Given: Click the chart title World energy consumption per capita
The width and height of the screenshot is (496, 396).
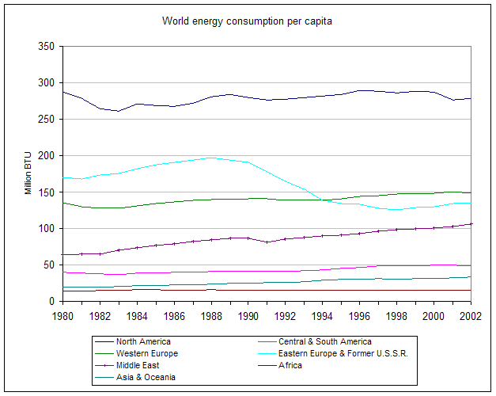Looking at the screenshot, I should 247,21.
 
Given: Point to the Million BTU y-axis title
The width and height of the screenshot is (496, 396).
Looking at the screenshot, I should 28,174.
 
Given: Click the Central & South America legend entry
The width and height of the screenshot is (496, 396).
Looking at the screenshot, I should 330,341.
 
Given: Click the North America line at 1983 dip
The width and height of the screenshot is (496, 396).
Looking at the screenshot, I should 118,111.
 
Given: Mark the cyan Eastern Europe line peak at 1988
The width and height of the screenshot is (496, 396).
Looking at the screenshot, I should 211,158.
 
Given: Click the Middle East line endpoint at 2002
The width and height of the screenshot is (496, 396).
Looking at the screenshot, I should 471,223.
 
